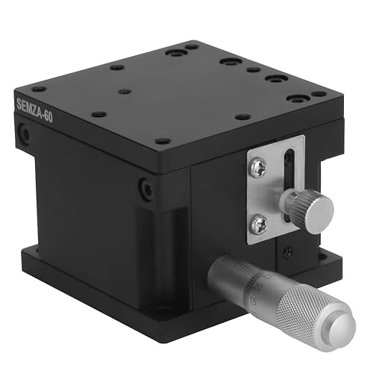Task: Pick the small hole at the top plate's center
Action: point(125,91)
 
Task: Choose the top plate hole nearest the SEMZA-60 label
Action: point(39,89)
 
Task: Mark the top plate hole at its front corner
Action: point(162,140)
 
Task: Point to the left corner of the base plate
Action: point(24,257)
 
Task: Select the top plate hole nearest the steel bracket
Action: point(242,116)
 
